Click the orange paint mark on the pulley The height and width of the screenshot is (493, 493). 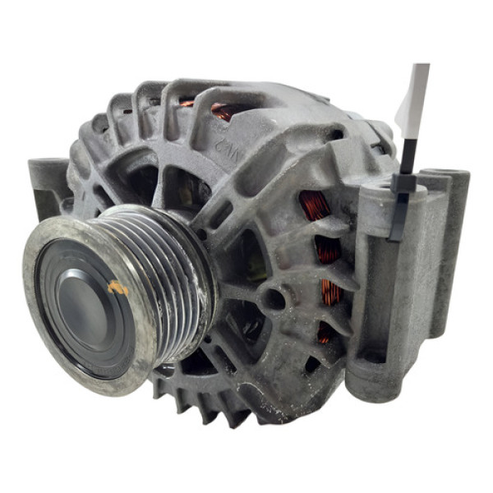coord(119,288)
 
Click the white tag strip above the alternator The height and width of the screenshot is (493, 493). coord(414,99)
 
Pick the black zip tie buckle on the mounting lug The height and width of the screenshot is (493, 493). coord(403,184)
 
